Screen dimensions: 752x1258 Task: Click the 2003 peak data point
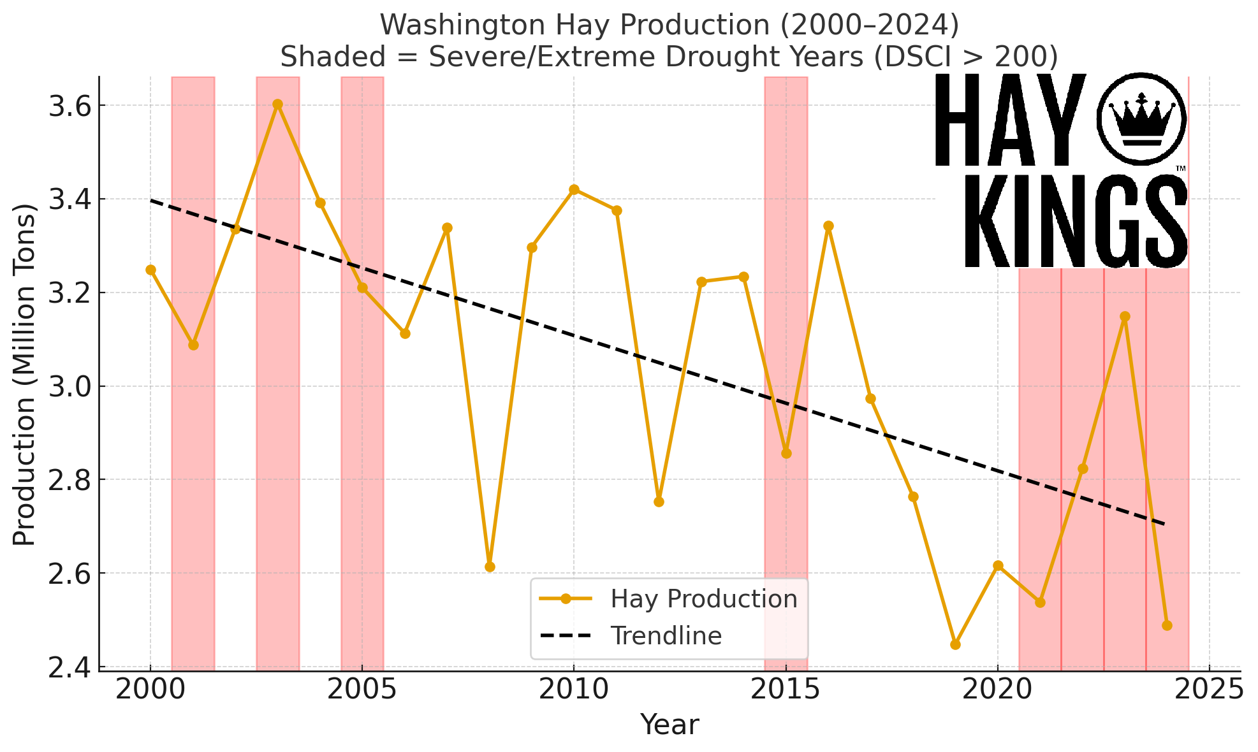277,105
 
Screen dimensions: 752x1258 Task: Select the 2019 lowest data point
955,644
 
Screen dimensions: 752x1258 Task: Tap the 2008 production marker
490,567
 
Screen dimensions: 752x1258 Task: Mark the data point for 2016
828,226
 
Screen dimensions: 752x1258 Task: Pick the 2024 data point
1167,625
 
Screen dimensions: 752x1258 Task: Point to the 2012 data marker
659,502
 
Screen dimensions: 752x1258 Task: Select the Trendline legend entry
666,636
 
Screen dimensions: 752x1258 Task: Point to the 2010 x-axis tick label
573,690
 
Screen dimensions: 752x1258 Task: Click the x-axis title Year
669,725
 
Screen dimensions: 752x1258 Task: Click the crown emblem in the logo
1141,119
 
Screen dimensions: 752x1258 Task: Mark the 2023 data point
1125,317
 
